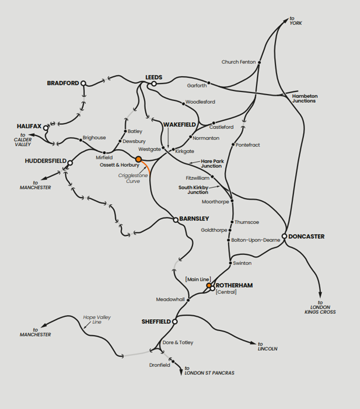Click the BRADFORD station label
62,83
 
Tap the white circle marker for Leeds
153,84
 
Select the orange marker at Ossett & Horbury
138,159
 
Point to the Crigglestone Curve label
130,178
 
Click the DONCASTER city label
306,236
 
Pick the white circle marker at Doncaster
284,236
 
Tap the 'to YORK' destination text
296,20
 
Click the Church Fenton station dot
259,62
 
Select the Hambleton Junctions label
305,98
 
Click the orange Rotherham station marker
209,285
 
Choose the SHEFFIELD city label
156,321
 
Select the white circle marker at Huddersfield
70,163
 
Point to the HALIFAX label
29,127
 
